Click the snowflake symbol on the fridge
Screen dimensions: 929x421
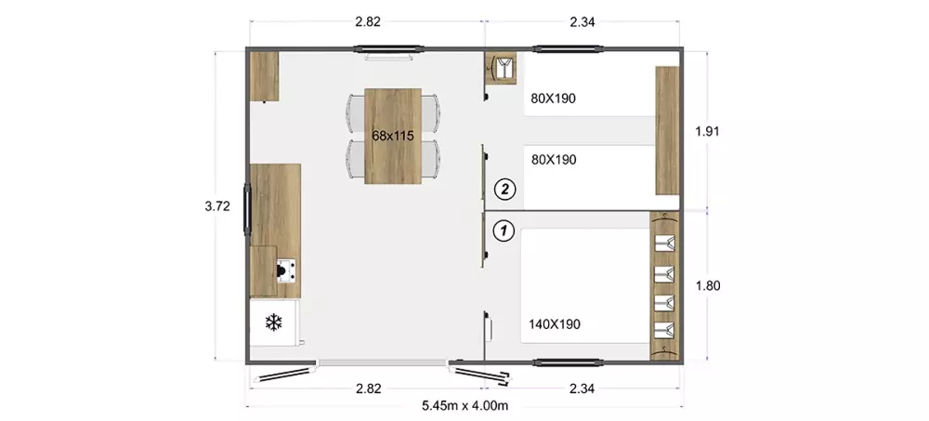click(273, 322)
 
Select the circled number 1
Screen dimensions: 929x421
click(504, 230)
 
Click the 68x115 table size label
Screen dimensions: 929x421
click(392, 136)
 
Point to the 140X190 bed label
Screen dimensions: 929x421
click(554, 324)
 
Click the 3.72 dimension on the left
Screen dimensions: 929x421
click(216, 206)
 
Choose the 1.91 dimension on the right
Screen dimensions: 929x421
click(707, 132)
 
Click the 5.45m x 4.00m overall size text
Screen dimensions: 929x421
click(465, 406)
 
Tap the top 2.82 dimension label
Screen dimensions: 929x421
click(367, 22)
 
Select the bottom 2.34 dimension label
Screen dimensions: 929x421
click(582, 389)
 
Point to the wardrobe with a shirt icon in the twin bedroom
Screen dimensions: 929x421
click(502, 68)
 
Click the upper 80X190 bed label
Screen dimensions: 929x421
click(554, 99)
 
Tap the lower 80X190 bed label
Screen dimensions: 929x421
click(554, 160)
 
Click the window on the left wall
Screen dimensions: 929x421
click(247, 209)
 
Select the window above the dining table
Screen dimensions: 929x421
click(388, 49)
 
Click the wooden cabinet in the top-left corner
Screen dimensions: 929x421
click(264, 76)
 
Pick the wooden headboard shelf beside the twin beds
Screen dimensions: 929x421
click(667, 130)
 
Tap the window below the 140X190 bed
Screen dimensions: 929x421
click(569, 362)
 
